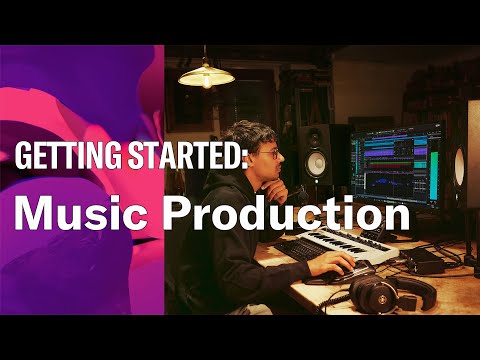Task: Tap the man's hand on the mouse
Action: pos(336,265)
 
